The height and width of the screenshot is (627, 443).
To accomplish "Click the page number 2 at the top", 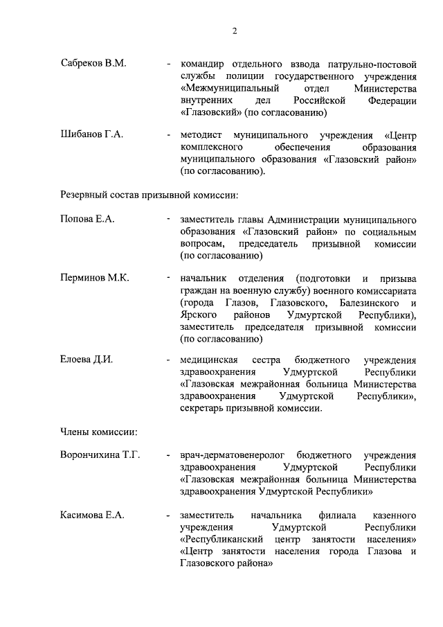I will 235,30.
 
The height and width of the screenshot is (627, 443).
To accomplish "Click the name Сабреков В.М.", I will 93,63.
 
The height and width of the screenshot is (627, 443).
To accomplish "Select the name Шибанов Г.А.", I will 92,134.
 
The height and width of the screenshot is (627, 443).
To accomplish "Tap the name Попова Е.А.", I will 87,219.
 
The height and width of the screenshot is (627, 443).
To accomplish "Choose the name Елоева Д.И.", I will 87,360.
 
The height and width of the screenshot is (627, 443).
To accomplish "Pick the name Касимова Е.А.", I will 93,515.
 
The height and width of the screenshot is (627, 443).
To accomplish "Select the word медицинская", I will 208,360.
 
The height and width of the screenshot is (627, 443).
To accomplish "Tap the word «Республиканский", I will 224,540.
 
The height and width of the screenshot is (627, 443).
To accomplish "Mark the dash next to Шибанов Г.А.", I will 170,134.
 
